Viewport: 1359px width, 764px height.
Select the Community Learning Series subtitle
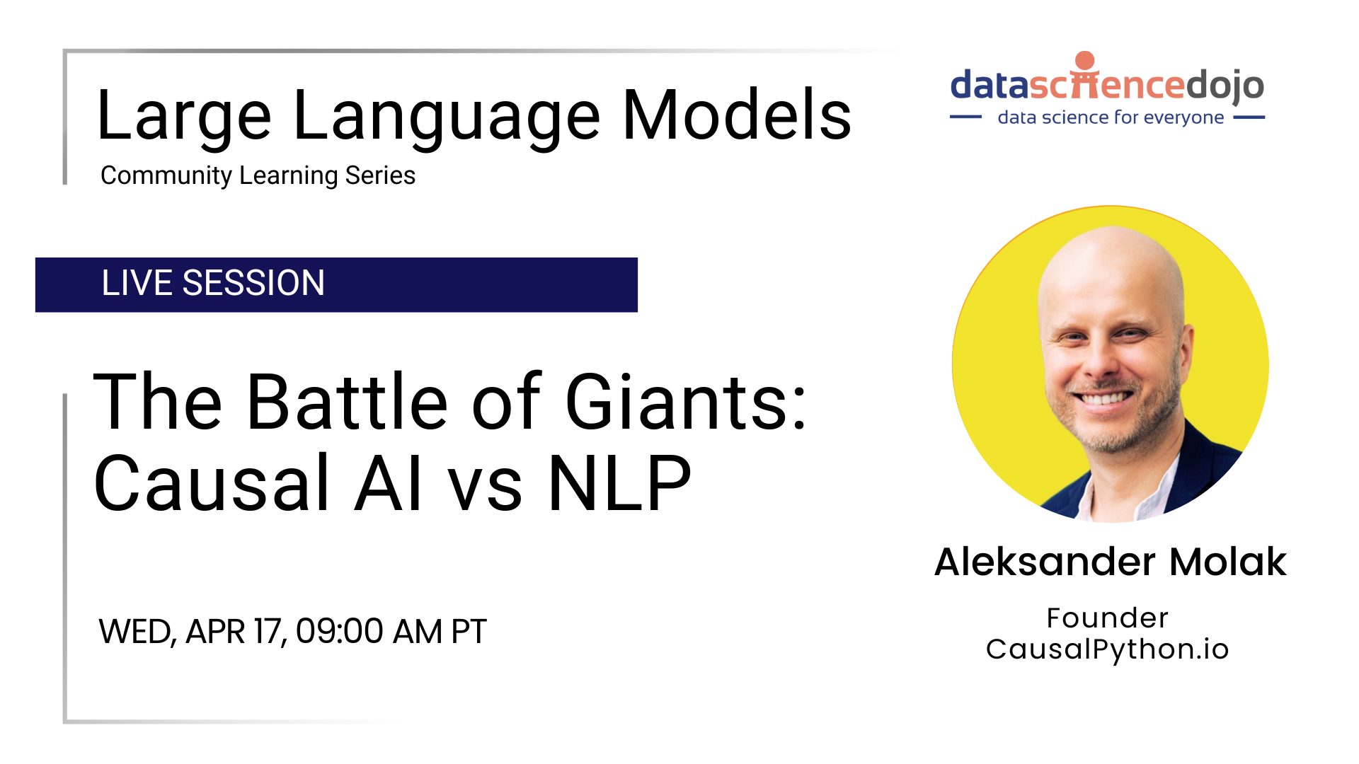pos(258,175)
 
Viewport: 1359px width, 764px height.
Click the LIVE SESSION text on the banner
pos(213,283)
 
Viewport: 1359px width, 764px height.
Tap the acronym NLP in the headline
pos(619,482)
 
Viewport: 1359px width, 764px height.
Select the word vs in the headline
pos(486,490)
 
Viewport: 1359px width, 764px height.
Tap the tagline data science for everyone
pos(1111,117)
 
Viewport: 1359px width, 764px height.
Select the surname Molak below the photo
pos(1227,562)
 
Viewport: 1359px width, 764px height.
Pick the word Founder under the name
pos(1107,618)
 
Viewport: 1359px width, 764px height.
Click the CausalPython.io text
pos(1107,649)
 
